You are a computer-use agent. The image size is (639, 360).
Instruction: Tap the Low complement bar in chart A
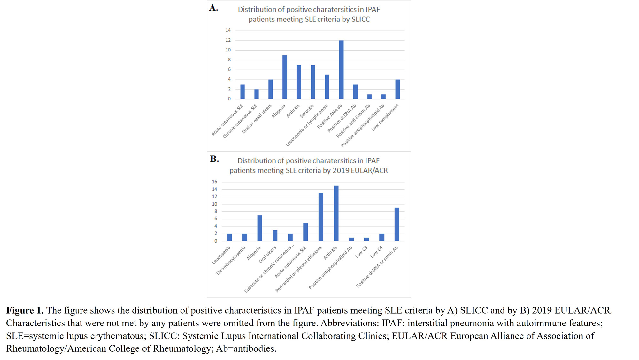397,89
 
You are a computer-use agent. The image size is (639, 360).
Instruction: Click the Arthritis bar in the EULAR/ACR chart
336,213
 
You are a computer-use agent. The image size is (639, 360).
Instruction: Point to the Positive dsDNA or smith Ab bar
397,224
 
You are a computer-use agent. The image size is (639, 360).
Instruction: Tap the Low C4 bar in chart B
382,237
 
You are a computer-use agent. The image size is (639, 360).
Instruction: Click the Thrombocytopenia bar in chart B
244,237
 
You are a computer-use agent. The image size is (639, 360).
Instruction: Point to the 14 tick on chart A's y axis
228,30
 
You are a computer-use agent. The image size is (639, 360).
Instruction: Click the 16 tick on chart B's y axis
214,182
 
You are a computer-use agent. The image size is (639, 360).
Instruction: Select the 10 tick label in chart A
228,50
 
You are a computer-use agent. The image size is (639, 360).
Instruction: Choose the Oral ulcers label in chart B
267,254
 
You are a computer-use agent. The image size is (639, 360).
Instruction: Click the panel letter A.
213,8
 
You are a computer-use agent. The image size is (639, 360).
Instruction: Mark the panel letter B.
214,159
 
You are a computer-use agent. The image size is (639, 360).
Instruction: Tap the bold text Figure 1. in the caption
25,310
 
